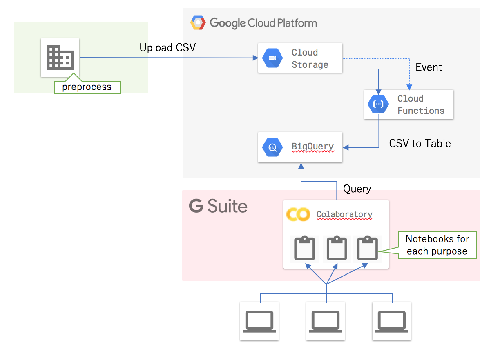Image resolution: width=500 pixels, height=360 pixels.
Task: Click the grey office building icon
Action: pos(60,58)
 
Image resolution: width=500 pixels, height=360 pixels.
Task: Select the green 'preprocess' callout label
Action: pos(87,87)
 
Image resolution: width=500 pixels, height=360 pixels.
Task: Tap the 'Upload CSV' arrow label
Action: pos(167,48)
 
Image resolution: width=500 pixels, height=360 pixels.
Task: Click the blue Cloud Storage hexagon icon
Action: pos(272,58)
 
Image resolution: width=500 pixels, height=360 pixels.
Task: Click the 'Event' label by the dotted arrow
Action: pos(429,67)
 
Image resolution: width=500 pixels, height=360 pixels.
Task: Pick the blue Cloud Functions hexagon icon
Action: pos(378,104)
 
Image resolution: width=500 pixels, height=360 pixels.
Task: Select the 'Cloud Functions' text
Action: pos(420,104)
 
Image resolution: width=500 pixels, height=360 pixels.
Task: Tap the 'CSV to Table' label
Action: pos(420,144)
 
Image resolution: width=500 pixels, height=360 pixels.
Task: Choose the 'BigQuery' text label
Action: pos(312,147)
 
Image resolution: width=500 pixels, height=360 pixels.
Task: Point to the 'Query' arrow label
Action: pos(357,189)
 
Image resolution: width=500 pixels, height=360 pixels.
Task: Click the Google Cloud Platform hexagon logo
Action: pos(198,23)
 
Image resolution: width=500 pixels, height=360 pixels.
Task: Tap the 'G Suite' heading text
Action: pos(218,206)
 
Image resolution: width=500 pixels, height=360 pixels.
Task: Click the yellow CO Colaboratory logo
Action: pos(298,214)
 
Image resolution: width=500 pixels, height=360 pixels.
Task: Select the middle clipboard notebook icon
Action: pos(337,248)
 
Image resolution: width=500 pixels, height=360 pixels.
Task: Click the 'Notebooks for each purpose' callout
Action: pos(437,245)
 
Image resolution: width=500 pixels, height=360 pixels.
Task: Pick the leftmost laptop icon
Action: pos(259,321)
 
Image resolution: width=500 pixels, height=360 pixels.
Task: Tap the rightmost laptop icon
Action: pos(392,321)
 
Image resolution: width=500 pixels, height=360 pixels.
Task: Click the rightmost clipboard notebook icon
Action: pos(367,248)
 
